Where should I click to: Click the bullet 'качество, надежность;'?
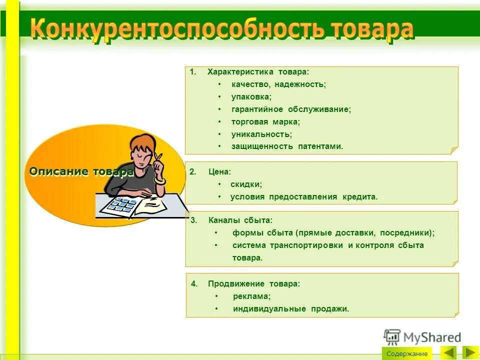278,84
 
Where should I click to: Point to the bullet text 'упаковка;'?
251,97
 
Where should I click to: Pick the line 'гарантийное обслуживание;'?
291,109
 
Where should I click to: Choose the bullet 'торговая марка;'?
265,121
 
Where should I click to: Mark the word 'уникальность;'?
261,134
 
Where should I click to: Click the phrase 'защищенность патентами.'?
287,146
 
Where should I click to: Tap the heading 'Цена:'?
220,172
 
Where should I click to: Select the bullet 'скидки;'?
246,184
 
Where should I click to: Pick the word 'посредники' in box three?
405,233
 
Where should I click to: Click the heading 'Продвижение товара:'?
254,284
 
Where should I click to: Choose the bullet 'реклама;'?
251,296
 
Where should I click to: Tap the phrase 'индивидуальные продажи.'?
291,309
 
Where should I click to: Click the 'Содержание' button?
406,353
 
